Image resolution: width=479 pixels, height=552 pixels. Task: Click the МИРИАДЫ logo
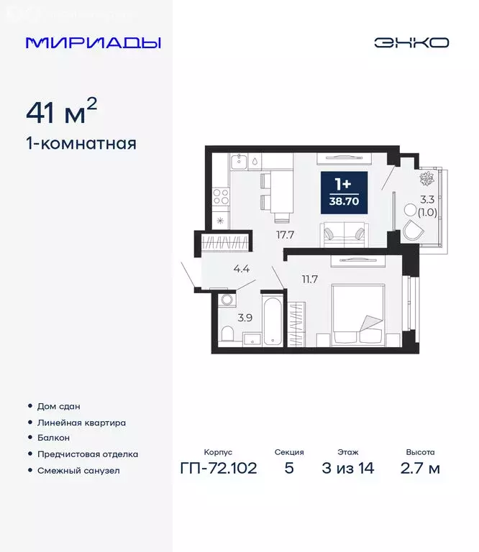(x=93, y=42)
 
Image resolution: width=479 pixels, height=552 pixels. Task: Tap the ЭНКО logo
(x=411, y=42)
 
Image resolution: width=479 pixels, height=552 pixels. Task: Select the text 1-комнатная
(x=81, y=143)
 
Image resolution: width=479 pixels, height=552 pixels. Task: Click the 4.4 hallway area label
(x=242, y=270)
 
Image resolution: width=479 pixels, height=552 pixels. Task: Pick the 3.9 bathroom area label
(x=244, y=316)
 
